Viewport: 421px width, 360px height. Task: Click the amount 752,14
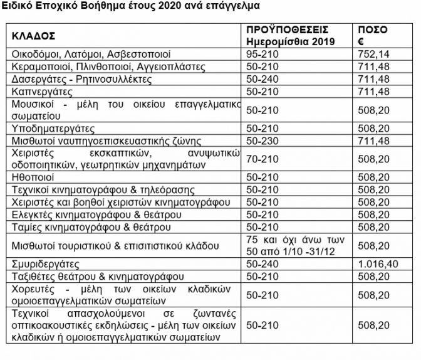374,55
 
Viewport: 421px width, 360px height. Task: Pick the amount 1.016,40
378,265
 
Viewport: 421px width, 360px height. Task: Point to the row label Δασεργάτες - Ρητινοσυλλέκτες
78,79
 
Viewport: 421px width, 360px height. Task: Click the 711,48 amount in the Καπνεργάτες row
374,92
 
